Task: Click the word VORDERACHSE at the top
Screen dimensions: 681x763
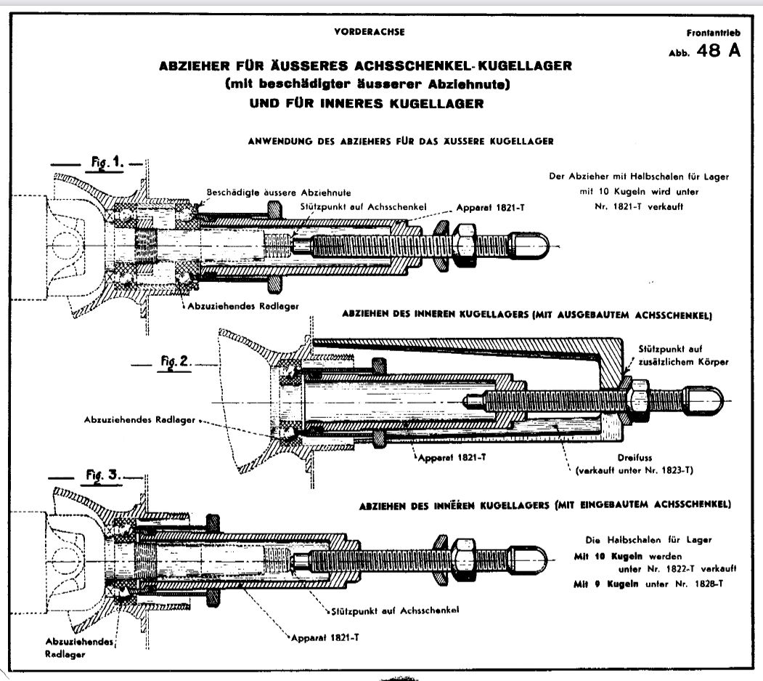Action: [370, 32]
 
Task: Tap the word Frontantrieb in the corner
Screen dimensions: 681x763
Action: [714, 33]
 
